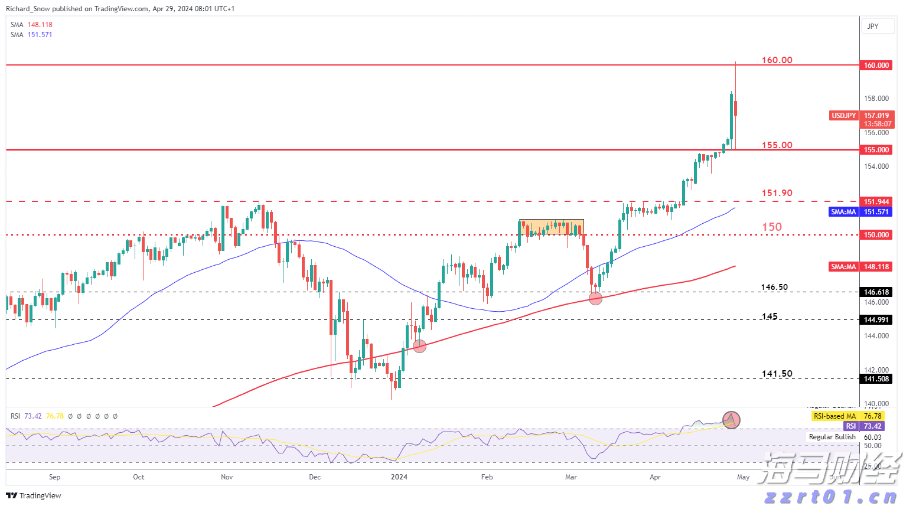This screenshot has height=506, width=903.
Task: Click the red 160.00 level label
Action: (x=777, y=60)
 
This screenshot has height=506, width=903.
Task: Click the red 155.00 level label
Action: (x=777, y=145)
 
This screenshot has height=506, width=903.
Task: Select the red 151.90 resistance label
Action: (x=777, y=193)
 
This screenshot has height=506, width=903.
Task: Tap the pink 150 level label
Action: (x=771, y=227)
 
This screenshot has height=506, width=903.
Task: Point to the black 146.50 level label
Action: (x=774, y=288)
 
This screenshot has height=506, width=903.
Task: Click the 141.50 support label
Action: (x=777, y=374)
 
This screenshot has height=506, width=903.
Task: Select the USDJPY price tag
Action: (x=843, y=116)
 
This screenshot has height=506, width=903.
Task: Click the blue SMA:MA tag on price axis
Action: (x=843, y=212)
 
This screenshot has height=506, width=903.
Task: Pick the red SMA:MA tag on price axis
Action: (x=843, y=267)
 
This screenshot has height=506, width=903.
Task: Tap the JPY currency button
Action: (x=873, y=27)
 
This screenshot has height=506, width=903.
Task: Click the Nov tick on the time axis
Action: (x=227, y=477)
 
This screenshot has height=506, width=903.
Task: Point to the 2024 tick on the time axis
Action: (x=399, y=477)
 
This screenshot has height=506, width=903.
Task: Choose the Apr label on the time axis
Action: (x=655, y=477)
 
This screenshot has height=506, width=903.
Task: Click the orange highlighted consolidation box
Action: (x=551, y=227)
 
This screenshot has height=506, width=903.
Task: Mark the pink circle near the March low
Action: (x=595, y=298)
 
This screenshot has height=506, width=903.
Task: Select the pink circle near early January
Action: (x=419, y=347)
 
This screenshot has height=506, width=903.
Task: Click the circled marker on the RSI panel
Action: (x=731, y=420)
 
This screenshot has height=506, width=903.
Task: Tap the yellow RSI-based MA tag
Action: (x=834, y=416)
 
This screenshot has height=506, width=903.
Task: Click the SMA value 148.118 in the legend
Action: (x=40, y=25)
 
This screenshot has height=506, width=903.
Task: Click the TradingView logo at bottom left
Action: (x=34, y=496)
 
